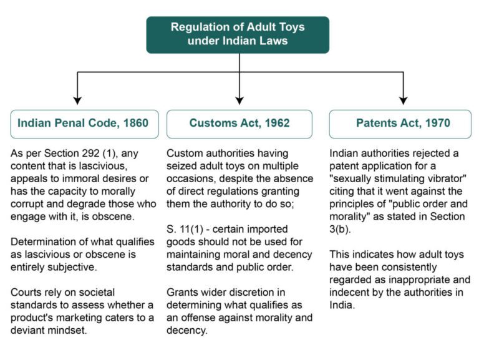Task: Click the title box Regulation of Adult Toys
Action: (238, 34)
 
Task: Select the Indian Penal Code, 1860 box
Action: (83, 123)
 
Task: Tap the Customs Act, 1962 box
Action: (239, 123)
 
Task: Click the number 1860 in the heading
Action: (133, 123)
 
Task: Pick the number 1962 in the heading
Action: (274, 123)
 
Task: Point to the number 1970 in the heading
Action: (435, 123)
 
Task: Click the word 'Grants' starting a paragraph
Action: (181, 291)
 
